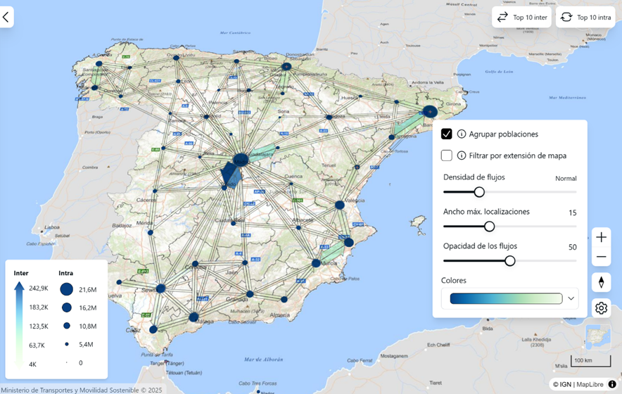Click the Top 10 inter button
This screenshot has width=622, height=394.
click(521, 17)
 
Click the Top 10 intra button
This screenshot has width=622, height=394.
click(585, 17)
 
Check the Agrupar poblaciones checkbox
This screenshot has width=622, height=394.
click(446, 134)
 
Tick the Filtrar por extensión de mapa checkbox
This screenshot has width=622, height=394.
click(446, 155)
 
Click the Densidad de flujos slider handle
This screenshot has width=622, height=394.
click(479, 191)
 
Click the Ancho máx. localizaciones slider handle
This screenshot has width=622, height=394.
click(489, 226)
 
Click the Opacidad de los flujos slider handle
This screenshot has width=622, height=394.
click(510, 260)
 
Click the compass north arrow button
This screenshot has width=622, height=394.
click(601, 282)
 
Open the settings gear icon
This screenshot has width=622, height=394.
click(601, 307)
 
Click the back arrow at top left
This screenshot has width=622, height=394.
click(6, 17)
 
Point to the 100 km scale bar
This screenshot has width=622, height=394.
click(582, 361)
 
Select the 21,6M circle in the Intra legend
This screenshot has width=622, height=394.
click(67, 288)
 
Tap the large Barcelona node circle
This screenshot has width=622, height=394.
click(430, 111)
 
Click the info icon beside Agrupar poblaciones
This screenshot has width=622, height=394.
click(462, 134)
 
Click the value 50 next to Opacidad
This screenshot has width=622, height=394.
click(572, 247)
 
